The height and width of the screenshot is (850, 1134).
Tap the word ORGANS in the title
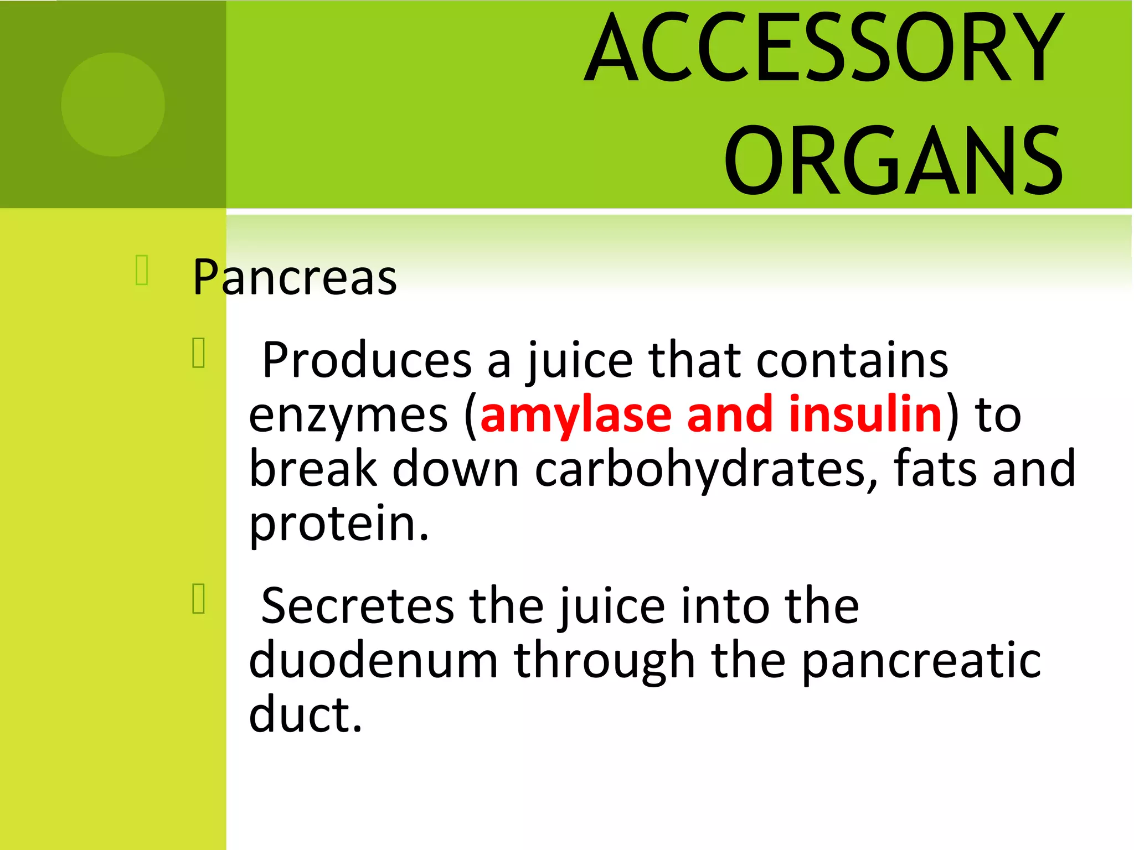[893, 160]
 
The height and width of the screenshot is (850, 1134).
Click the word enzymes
[348, 416]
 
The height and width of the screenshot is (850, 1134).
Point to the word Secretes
[357, 606]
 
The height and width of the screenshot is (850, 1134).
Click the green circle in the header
[113, 105]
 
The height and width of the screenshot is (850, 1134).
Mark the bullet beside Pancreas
[142, 270]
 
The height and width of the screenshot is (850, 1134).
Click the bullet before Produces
[199, 353]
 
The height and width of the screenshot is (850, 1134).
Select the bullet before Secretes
[199, 598]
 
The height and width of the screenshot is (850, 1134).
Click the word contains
[852, 360]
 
